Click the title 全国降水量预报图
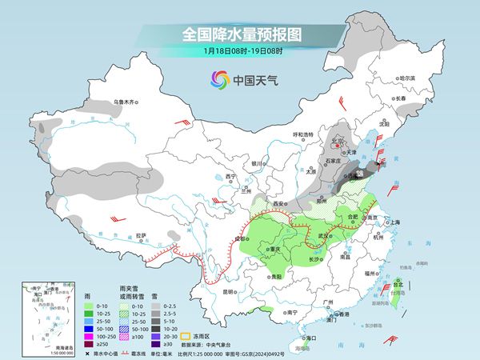239,34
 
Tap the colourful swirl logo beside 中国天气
219,79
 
